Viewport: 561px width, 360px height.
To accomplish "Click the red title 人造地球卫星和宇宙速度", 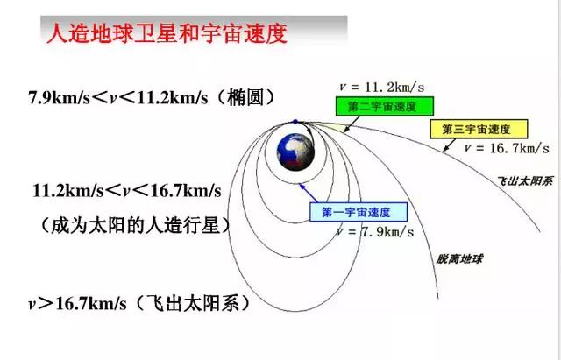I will point(166,35).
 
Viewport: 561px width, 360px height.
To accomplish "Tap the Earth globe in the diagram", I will point(296,152).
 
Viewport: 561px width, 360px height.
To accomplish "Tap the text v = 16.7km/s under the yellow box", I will point(507,147).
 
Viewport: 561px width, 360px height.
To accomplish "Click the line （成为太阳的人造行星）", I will point(136,225).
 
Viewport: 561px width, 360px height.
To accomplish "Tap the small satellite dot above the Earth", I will point(295,121).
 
